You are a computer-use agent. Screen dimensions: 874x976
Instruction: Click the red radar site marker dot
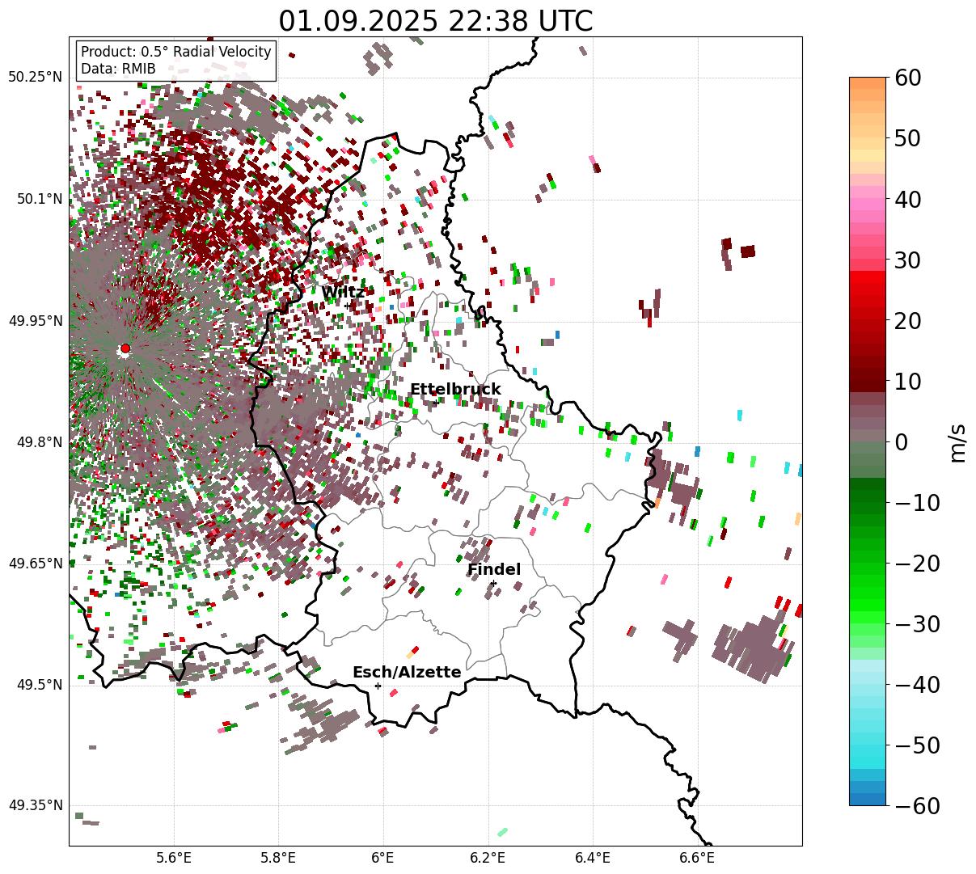tap(125, 348)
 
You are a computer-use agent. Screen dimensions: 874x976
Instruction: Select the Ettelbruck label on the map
tap(455, 390)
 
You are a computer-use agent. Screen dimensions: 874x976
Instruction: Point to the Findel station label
tap(494, 570)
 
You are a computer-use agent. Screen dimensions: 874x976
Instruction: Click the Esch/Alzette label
tap(407, 673)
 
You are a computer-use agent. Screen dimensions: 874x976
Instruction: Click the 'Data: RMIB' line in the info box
tap(118, 69)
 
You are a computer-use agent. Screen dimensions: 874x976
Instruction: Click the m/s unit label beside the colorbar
tap(958, 442)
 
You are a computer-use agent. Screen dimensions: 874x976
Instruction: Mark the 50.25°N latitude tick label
tap(36, 78)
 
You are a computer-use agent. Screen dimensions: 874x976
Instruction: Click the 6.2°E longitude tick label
tap(488, 856)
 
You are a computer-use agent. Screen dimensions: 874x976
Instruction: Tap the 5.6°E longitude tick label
tap(174, 856)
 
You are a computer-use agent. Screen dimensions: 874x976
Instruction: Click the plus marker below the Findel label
tap(493, 583)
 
